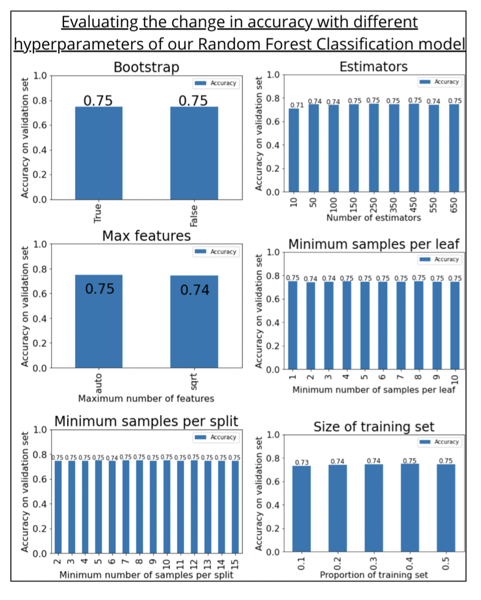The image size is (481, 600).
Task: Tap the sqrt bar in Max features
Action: tap(194, 322)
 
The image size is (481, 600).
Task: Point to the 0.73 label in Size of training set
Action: tap(302, 462)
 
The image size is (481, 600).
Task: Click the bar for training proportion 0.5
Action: tap(446, 507)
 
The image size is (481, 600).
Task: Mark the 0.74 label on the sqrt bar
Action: tap(194, 290)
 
